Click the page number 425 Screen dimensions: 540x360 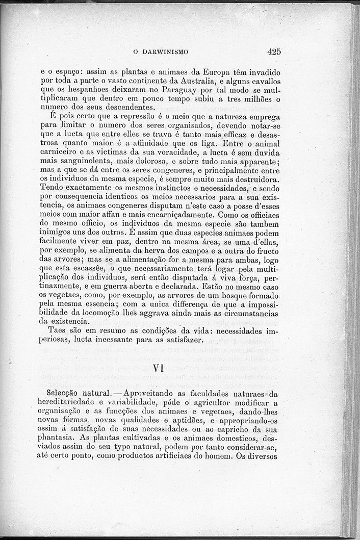coord(274,51)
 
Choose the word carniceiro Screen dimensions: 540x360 coord(58,153)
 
